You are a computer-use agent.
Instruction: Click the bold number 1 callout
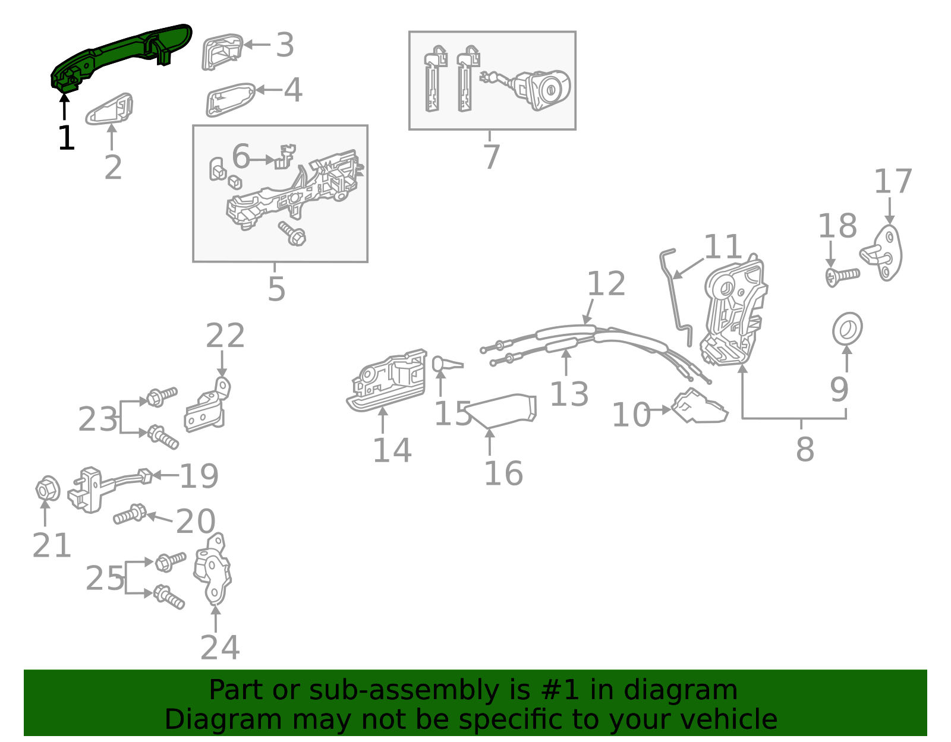[66, 138]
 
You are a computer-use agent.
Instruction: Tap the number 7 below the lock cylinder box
[491, 157]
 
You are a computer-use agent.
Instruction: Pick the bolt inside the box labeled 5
[292, 234]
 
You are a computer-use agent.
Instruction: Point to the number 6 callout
[241, 156]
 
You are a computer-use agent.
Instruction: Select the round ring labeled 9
[847, 328]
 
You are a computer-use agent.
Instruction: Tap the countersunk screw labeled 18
[843, 276]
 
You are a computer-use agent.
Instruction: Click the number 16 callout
[503, 473]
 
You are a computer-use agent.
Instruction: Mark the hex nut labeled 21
[48, 490]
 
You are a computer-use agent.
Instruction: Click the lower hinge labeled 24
[213, 570]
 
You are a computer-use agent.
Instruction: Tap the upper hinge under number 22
[208, 407]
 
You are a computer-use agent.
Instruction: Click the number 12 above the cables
[606, 283]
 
